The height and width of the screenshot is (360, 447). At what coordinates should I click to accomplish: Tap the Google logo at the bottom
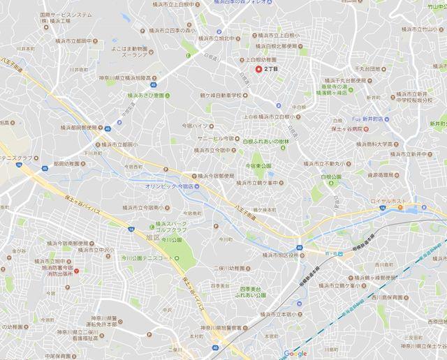[295, 353]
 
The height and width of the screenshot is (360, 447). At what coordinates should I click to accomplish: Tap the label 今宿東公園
[263, 166]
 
